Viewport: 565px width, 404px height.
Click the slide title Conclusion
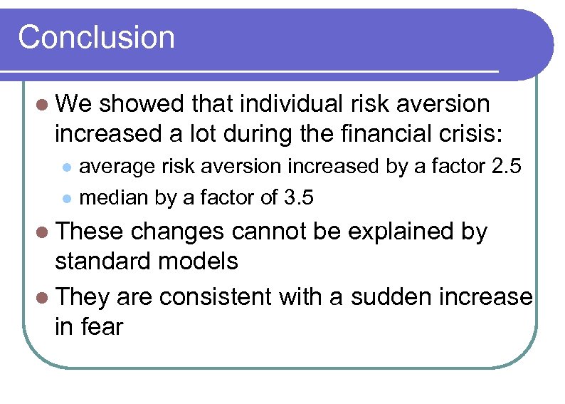pyautogui.click(x=96, y=37)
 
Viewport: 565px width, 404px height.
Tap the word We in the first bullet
pyautogui.click(x=73, y=104)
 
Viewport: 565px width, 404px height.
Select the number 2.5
pyautogui.click(x=507, y=167)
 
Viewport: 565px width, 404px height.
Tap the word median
pyautogui.click(x=113, y=197)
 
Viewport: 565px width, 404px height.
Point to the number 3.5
pyautogui.click(x=297, y=197)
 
